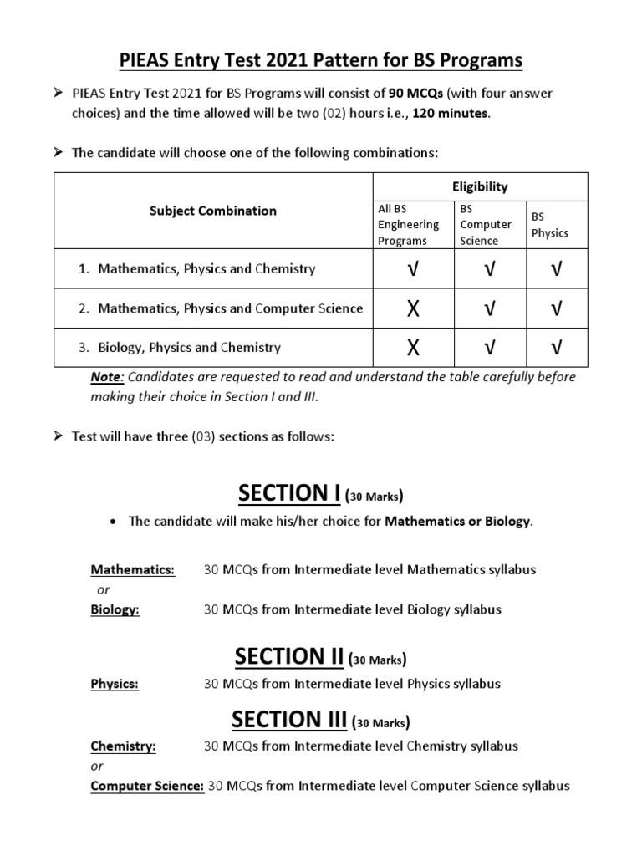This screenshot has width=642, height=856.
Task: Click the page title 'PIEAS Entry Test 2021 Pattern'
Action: pyautogui.click(x=320, y=60)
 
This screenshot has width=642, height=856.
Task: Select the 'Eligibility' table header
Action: pyautogui.click(x=480, y=186)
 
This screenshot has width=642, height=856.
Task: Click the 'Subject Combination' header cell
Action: pyautogui.click(x=212, y=211)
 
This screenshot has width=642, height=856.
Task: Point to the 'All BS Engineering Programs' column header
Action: pyautogui.click(x=408, y=224)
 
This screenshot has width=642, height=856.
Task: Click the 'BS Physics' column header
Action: pyautogui.click(x=549, y=224)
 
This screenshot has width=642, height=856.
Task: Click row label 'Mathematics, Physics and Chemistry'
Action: pyautogui.click(x=206, y=269)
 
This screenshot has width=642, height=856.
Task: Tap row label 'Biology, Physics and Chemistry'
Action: pyautogui.click(x=189, y=347)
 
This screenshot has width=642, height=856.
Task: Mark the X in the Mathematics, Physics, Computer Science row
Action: pyautogui.click(x=412, y=309)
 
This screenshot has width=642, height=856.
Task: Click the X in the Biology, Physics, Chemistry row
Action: pyautogui.click(x=412, y=348)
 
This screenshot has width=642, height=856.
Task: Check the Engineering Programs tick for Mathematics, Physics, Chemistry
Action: pyautogui.click(x=412, y=269)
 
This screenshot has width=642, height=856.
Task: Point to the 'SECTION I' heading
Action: pyautogui.click(x=288, y=495)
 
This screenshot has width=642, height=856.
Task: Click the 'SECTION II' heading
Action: pyautogui.click(x=289, y=657)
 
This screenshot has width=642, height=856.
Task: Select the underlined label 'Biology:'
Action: pyautogui.click(x=115, y=609)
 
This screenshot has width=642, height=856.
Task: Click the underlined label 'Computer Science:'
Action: pyautogui.click(x=147, y=786)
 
